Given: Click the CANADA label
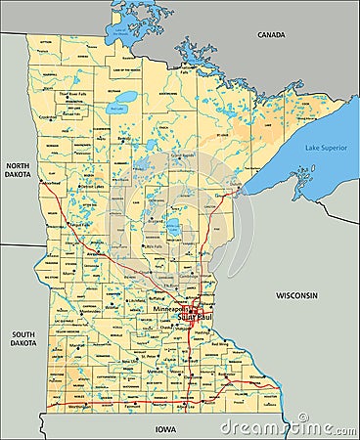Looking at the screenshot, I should coord(271,35).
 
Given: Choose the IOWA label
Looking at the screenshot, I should coord(164,428).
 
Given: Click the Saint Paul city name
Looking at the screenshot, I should coord(195,317).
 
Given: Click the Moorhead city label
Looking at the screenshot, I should coord(50,183).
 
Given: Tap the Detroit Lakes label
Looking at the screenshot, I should coord(91,186).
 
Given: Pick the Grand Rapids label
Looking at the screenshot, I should coord(182,154).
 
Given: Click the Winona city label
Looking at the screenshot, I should coord(255,376).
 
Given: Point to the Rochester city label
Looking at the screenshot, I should coord(227,375).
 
